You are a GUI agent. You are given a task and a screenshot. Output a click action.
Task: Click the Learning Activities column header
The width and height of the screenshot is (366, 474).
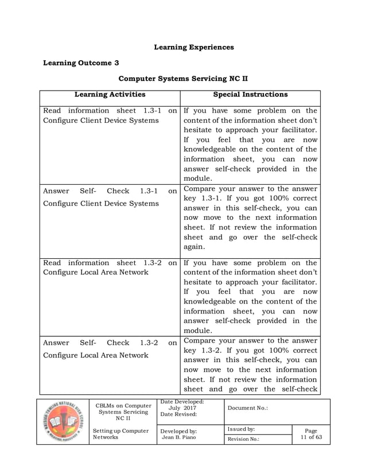click(110, 94)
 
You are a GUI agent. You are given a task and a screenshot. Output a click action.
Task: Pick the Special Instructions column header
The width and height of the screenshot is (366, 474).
click(251, 94)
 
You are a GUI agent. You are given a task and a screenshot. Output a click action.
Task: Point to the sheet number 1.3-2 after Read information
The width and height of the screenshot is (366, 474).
click(152, 262)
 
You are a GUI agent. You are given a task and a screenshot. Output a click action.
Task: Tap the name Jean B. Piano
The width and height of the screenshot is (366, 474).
click(178, 437)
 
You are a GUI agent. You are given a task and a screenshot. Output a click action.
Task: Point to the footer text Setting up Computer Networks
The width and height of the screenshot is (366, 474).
click(120, 434)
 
